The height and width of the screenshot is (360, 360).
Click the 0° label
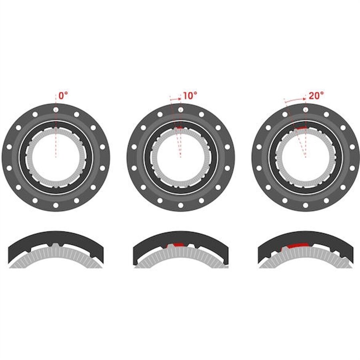click(63, 96)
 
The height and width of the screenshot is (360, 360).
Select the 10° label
click(190, 96)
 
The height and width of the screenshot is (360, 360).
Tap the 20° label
click(316, 96)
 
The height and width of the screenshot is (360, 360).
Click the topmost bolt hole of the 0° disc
click(56, 110)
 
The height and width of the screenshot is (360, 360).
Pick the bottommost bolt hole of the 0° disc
click(56, 205)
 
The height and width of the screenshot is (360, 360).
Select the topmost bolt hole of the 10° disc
click(181, 110)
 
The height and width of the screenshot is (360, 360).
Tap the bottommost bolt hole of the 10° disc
click(181, 205)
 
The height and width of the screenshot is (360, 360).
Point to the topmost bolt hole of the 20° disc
click(305, 110)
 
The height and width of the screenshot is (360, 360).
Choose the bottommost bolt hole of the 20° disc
click(305, 205)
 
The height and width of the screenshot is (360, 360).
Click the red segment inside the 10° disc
click(178, 128)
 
